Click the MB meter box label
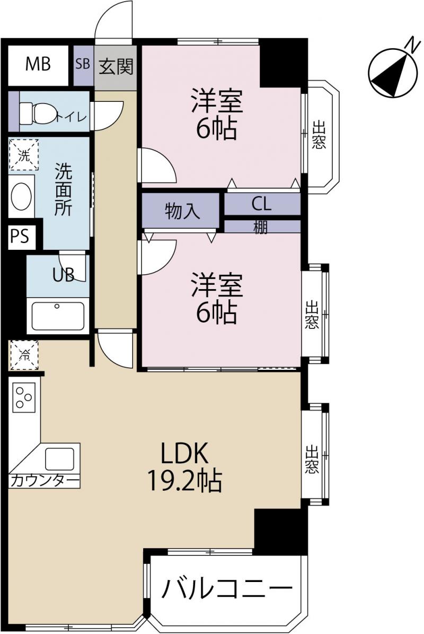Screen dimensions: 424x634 pos(38,64)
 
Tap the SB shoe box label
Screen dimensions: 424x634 pos(83,64)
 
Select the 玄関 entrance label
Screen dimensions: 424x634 pos(116,66)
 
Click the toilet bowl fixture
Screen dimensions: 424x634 pos(38,113)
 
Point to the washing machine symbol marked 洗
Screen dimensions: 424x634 pos(24,155)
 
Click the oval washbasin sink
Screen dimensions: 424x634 pos(21,196)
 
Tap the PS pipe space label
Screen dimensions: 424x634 pos(20,236)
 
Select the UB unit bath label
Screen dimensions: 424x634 pos(64,275)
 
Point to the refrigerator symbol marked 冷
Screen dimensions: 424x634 pos(24,355)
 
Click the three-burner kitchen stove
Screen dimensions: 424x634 pos(24,397)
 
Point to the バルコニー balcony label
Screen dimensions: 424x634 pos(227,589)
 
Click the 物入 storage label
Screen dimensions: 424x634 pos(182,211)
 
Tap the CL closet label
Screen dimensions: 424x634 pos(262,204)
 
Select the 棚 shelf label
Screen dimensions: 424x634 pos(260,227)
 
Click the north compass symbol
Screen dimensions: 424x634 pos(393,73)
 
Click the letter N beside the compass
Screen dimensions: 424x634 pos(412,44)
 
